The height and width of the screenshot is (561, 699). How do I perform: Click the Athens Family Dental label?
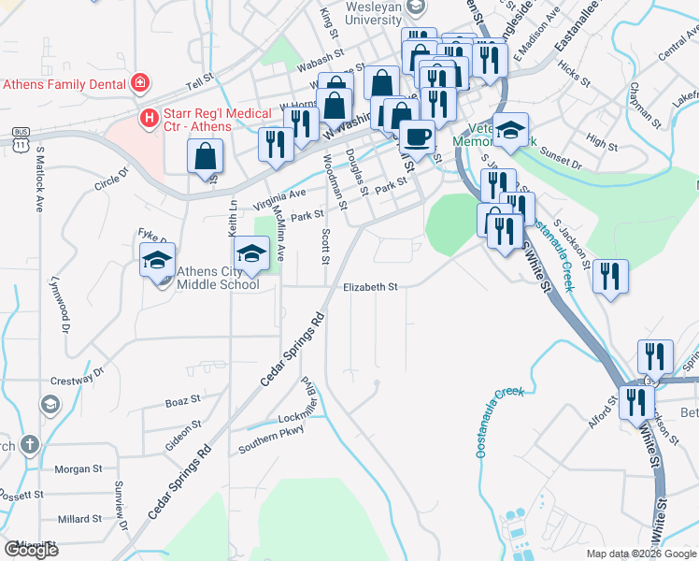[64, 83]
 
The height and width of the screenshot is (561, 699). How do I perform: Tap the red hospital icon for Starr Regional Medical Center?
[148, 117]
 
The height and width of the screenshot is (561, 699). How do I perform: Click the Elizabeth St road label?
[370, 287]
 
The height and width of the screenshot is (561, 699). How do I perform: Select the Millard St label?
[79, 518]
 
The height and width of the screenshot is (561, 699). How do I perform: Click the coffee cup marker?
[417, 137]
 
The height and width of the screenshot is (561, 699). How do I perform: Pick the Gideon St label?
[183, 438]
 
